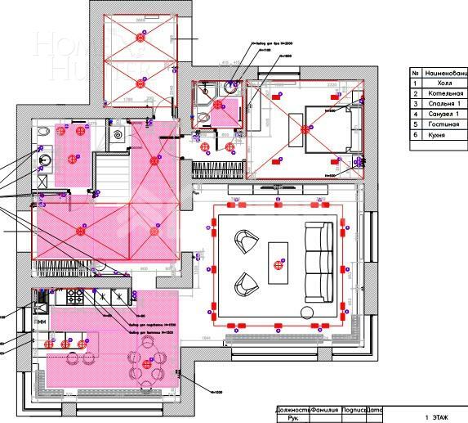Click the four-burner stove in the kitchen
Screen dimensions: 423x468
(74, 298)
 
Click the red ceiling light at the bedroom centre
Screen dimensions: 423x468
(307, 128)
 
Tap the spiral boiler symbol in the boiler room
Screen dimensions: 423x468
(118, 133)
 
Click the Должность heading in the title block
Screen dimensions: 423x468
(292, 410)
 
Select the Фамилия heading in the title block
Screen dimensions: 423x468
(324, 410)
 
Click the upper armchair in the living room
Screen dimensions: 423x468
(244, 241)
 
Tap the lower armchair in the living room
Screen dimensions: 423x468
(244, 283)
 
